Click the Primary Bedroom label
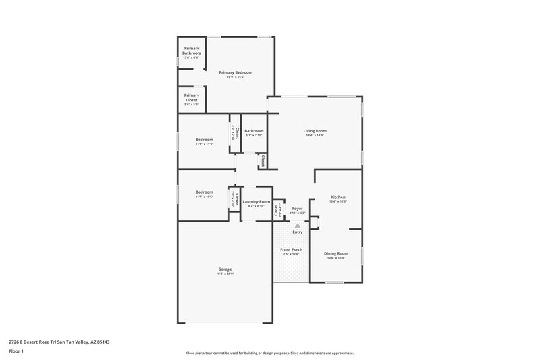click(x=236, y=72)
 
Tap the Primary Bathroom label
click(x=191, y=51)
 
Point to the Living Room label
click(x=315, y=130)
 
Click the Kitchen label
click(x=337, y=197)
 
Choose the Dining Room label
click(x=336, y=253)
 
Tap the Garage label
click(x=225, y=269)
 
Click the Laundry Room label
click(x=256, y=201)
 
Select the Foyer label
click(x=297, y=209)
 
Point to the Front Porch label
click(x=292, y=249)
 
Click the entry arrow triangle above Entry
click(x=297, y=226)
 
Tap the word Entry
click(x=297, y=232)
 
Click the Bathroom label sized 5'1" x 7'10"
click(x=254, y=130)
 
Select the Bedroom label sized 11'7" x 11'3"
click(x=204, y=139)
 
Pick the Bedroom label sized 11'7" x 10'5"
click(x=204, y=192)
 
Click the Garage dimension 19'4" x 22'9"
click(x=225, y=274)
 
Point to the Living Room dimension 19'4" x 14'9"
click(x=315, y=135)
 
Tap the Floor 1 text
click(x=17, y=352)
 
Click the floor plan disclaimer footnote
click(x=269, y=353)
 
